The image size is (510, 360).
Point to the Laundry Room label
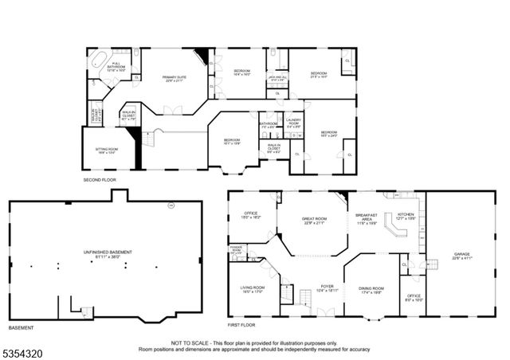pos(292,123)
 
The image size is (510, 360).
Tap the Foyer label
pos(327,288)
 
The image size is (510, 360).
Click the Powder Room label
pos(236,248)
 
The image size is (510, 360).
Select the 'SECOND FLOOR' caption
pos(100,180)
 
